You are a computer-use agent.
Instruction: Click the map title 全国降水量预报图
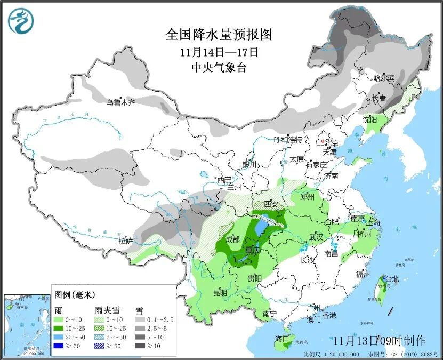219,35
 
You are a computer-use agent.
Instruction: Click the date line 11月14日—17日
219,52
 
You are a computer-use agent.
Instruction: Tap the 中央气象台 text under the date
219,67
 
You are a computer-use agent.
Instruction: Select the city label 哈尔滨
384,78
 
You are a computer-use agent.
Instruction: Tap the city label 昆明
220,293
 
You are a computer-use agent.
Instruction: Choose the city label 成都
232,239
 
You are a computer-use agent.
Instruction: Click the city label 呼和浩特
288,140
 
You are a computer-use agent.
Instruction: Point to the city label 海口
281,338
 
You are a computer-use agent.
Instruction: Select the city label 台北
391,278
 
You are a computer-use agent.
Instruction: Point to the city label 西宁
224,179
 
